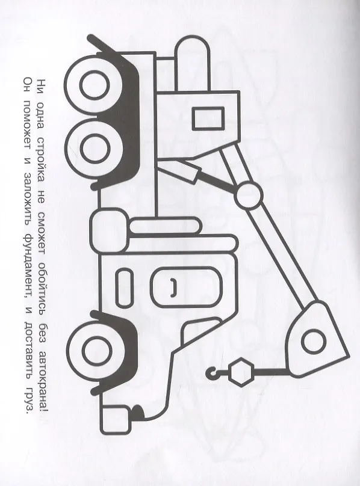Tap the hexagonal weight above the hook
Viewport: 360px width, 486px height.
[241, 372]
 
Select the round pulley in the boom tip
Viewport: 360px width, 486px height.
[314, 342]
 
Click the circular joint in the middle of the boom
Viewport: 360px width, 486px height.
[248, 195]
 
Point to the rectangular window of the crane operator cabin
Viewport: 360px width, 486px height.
[208, 118]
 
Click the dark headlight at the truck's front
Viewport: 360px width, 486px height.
[138, 412]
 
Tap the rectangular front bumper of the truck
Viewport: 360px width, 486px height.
[116, 421]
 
